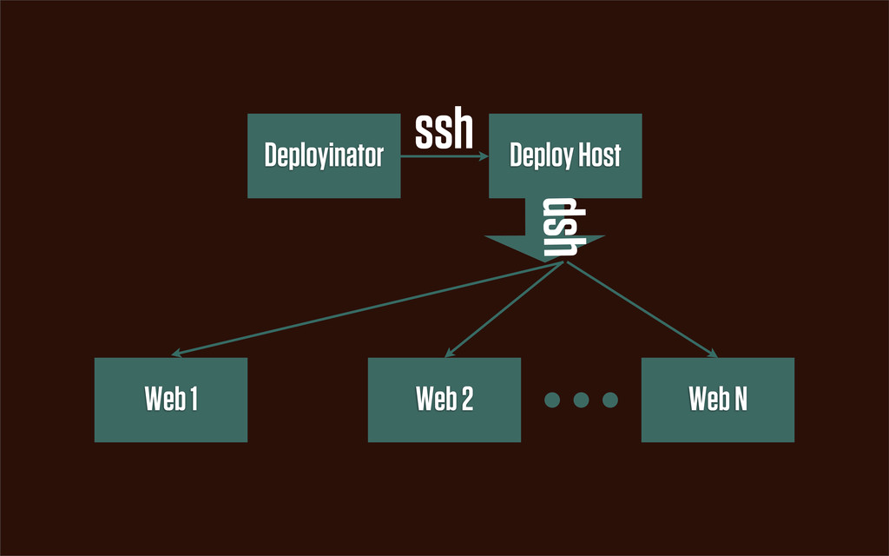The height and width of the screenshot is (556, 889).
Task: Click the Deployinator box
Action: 324,156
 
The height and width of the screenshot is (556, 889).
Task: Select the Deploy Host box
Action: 565,156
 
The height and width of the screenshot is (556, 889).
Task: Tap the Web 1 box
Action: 171,400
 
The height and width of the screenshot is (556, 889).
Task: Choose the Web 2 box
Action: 444,400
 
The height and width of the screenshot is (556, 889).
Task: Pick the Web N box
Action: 718,400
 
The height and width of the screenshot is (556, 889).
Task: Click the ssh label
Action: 444,129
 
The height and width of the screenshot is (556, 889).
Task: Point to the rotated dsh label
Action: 563,227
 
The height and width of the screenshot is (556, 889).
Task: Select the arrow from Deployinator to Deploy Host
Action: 444,156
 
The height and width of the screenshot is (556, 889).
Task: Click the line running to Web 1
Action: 367,308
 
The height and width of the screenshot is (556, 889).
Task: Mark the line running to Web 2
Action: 504,310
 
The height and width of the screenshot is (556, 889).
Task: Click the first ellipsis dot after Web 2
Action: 552,400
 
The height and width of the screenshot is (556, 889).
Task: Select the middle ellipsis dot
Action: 581,400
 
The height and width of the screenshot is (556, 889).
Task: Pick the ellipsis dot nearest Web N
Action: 610,400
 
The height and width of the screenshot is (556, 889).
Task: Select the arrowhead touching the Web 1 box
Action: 176,353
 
